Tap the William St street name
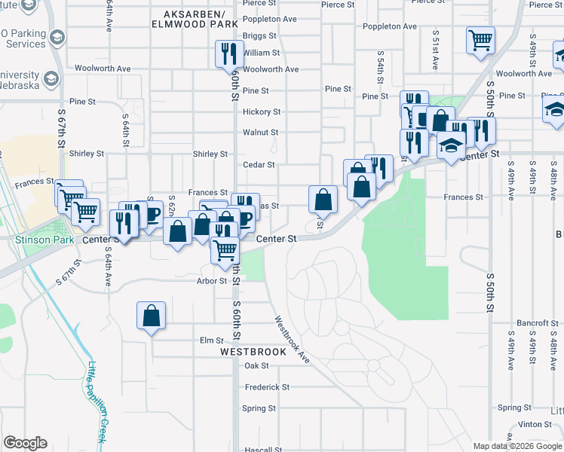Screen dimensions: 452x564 262,53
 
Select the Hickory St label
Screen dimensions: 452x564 262,112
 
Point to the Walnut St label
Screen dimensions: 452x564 261,133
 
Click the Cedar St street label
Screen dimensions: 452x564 259,165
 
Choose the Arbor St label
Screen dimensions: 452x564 212,281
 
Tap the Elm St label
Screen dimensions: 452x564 208,341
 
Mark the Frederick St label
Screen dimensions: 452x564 267,387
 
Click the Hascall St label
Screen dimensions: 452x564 263,450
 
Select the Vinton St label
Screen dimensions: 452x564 535,424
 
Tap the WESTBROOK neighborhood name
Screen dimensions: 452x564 253,352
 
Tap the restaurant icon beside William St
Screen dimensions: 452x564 228,54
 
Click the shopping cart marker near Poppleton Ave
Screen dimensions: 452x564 480,40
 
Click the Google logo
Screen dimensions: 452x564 25,443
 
